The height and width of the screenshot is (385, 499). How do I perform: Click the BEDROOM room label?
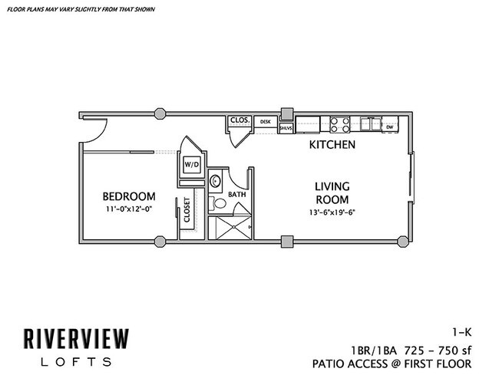click(129, 196)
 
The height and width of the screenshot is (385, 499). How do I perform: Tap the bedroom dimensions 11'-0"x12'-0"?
click(129, 209)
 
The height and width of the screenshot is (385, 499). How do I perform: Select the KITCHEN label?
click(332, 144)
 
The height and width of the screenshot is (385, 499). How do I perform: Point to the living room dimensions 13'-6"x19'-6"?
click(332, 212)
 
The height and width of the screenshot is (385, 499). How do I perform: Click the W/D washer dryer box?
click(190, 164)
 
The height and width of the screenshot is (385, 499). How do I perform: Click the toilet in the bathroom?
click(218, 204)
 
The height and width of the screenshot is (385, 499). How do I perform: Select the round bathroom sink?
click(216, 182)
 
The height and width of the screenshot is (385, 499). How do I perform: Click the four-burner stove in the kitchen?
click(341, 123)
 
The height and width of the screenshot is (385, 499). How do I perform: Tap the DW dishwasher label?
click(390, 126)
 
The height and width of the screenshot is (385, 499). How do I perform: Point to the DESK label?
click(266, 121)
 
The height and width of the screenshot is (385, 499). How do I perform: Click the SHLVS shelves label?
click(286, 128)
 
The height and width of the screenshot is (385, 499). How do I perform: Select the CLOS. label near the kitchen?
click(237, 120)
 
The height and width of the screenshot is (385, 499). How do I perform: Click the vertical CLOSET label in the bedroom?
click(187, 210)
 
